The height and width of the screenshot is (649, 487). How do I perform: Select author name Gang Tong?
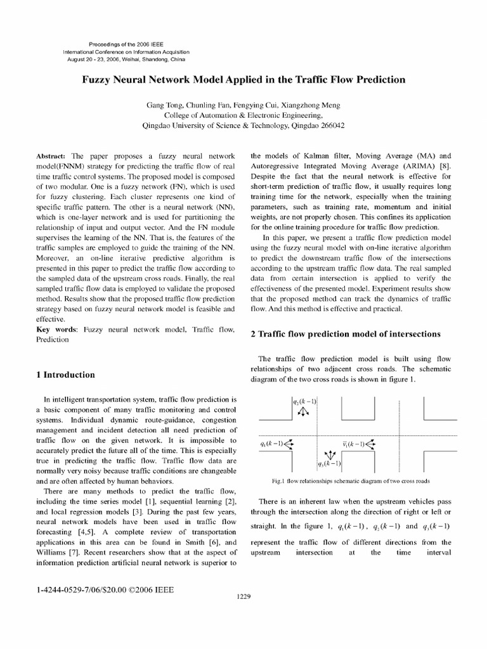(x=163, y=105)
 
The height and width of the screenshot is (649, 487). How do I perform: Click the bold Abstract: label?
(x=53, y=155)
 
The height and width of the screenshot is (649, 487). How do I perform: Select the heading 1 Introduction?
(x=67, y=375)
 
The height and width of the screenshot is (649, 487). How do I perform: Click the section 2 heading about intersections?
(x=346, y=334)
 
